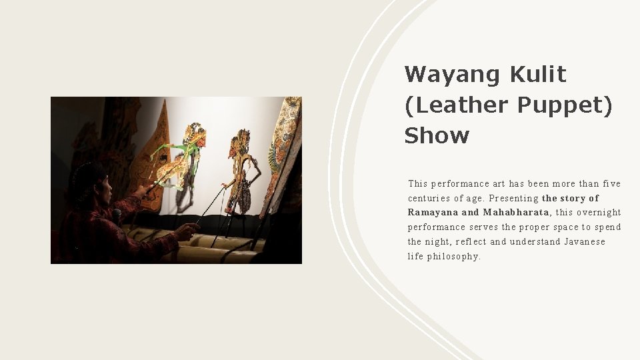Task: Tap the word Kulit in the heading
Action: point(538,74)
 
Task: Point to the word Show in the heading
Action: point(437,135)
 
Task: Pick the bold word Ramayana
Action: point(433,213)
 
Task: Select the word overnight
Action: point(599,213)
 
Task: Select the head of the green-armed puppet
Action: point(195,133)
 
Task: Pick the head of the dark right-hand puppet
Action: point(239,142)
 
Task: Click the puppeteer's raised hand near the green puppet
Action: point(141,192)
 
